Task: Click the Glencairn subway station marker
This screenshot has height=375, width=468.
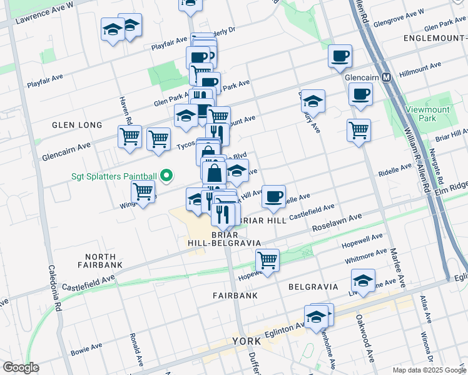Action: tap(387, 77)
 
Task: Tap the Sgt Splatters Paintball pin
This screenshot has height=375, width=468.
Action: tap(166, 176)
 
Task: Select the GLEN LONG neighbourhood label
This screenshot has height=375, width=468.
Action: tap(80, 125)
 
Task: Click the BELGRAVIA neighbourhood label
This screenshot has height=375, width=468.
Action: tap(313, 286)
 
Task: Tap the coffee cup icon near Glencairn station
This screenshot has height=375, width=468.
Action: tap(360, 95)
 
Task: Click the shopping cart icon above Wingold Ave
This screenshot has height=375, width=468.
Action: tap(143, 192)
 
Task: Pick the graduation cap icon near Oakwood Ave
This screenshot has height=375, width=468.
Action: tap(363, 279)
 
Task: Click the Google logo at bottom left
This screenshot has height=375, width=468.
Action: tap(20, 367)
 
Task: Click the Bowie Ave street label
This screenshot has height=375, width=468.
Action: tap(86, 347)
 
